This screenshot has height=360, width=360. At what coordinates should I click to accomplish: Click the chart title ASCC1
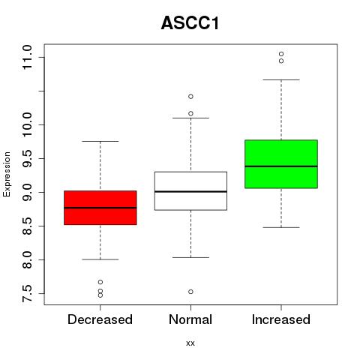(x=190, y=23)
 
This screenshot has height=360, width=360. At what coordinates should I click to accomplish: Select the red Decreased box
(x=100, y=208)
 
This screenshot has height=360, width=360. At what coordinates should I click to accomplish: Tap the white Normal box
(x=190, y=190)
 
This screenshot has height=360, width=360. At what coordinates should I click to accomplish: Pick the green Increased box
(x=281, y=164)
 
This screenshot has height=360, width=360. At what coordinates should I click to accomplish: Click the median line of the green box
(x=281, y=166)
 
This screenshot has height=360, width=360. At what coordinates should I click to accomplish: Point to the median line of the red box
(x=100, y=208)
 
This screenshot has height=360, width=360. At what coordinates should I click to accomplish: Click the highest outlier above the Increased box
(x=281, y=54)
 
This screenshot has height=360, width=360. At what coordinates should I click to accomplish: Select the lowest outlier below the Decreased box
(x=100, y=295)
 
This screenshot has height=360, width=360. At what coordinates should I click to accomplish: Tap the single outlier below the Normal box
(x=190, y=292)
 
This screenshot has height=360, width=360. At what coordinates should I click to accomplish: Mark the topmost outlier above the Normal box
(x=190, y=97)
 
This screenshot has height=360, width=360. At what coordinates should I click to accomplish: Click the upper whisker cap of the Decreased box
(x=100, y=141)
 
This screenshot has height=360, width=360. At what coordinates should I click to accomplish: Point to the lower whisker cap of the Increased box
(x=281, y=227)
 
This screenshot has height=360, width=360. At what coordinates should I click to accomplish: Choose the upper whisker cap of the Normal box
(x=190, y=118)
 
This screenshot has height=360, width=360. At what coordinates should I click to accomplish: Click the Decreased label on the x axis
(x=100, y=319)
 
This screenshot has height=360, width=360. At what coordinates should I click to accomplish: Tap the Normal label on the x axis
(x=190, y=319)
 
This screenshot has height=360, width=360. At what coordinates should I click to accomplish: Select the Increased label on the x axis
(x=281, y=319)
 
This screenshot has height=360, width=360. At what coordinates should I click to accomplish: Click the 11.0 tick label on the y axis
(x=27, y=58)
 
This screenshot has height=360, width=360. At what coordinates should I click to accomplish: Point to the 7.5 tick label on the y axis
(x=27, y=293)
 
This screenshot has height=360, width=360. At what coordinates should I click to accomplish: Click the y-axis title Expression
(x=7, y=174)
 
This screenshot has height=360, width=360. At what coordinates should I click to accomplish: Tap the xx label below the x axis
(x=190, y=343)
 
